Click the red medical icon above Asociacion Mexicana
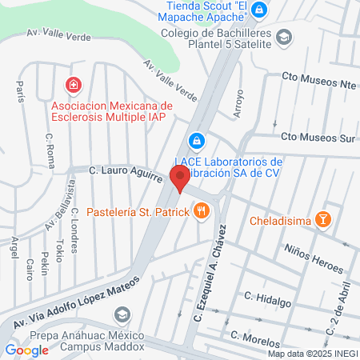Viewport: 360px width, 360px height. tap(74, 84)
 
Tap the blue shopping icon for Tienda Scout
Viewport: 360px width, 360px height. tap(258, 10)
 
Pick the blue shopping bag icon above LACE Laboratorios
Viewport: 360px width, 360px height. tap(194, 141)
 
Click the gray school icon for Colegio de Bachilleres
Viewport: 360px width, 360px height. tap(284, 37)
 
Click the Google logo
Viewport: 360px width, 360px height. tap(26, 350)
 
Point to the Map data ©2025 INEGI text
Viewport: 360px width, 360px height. tap(312, 354)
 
